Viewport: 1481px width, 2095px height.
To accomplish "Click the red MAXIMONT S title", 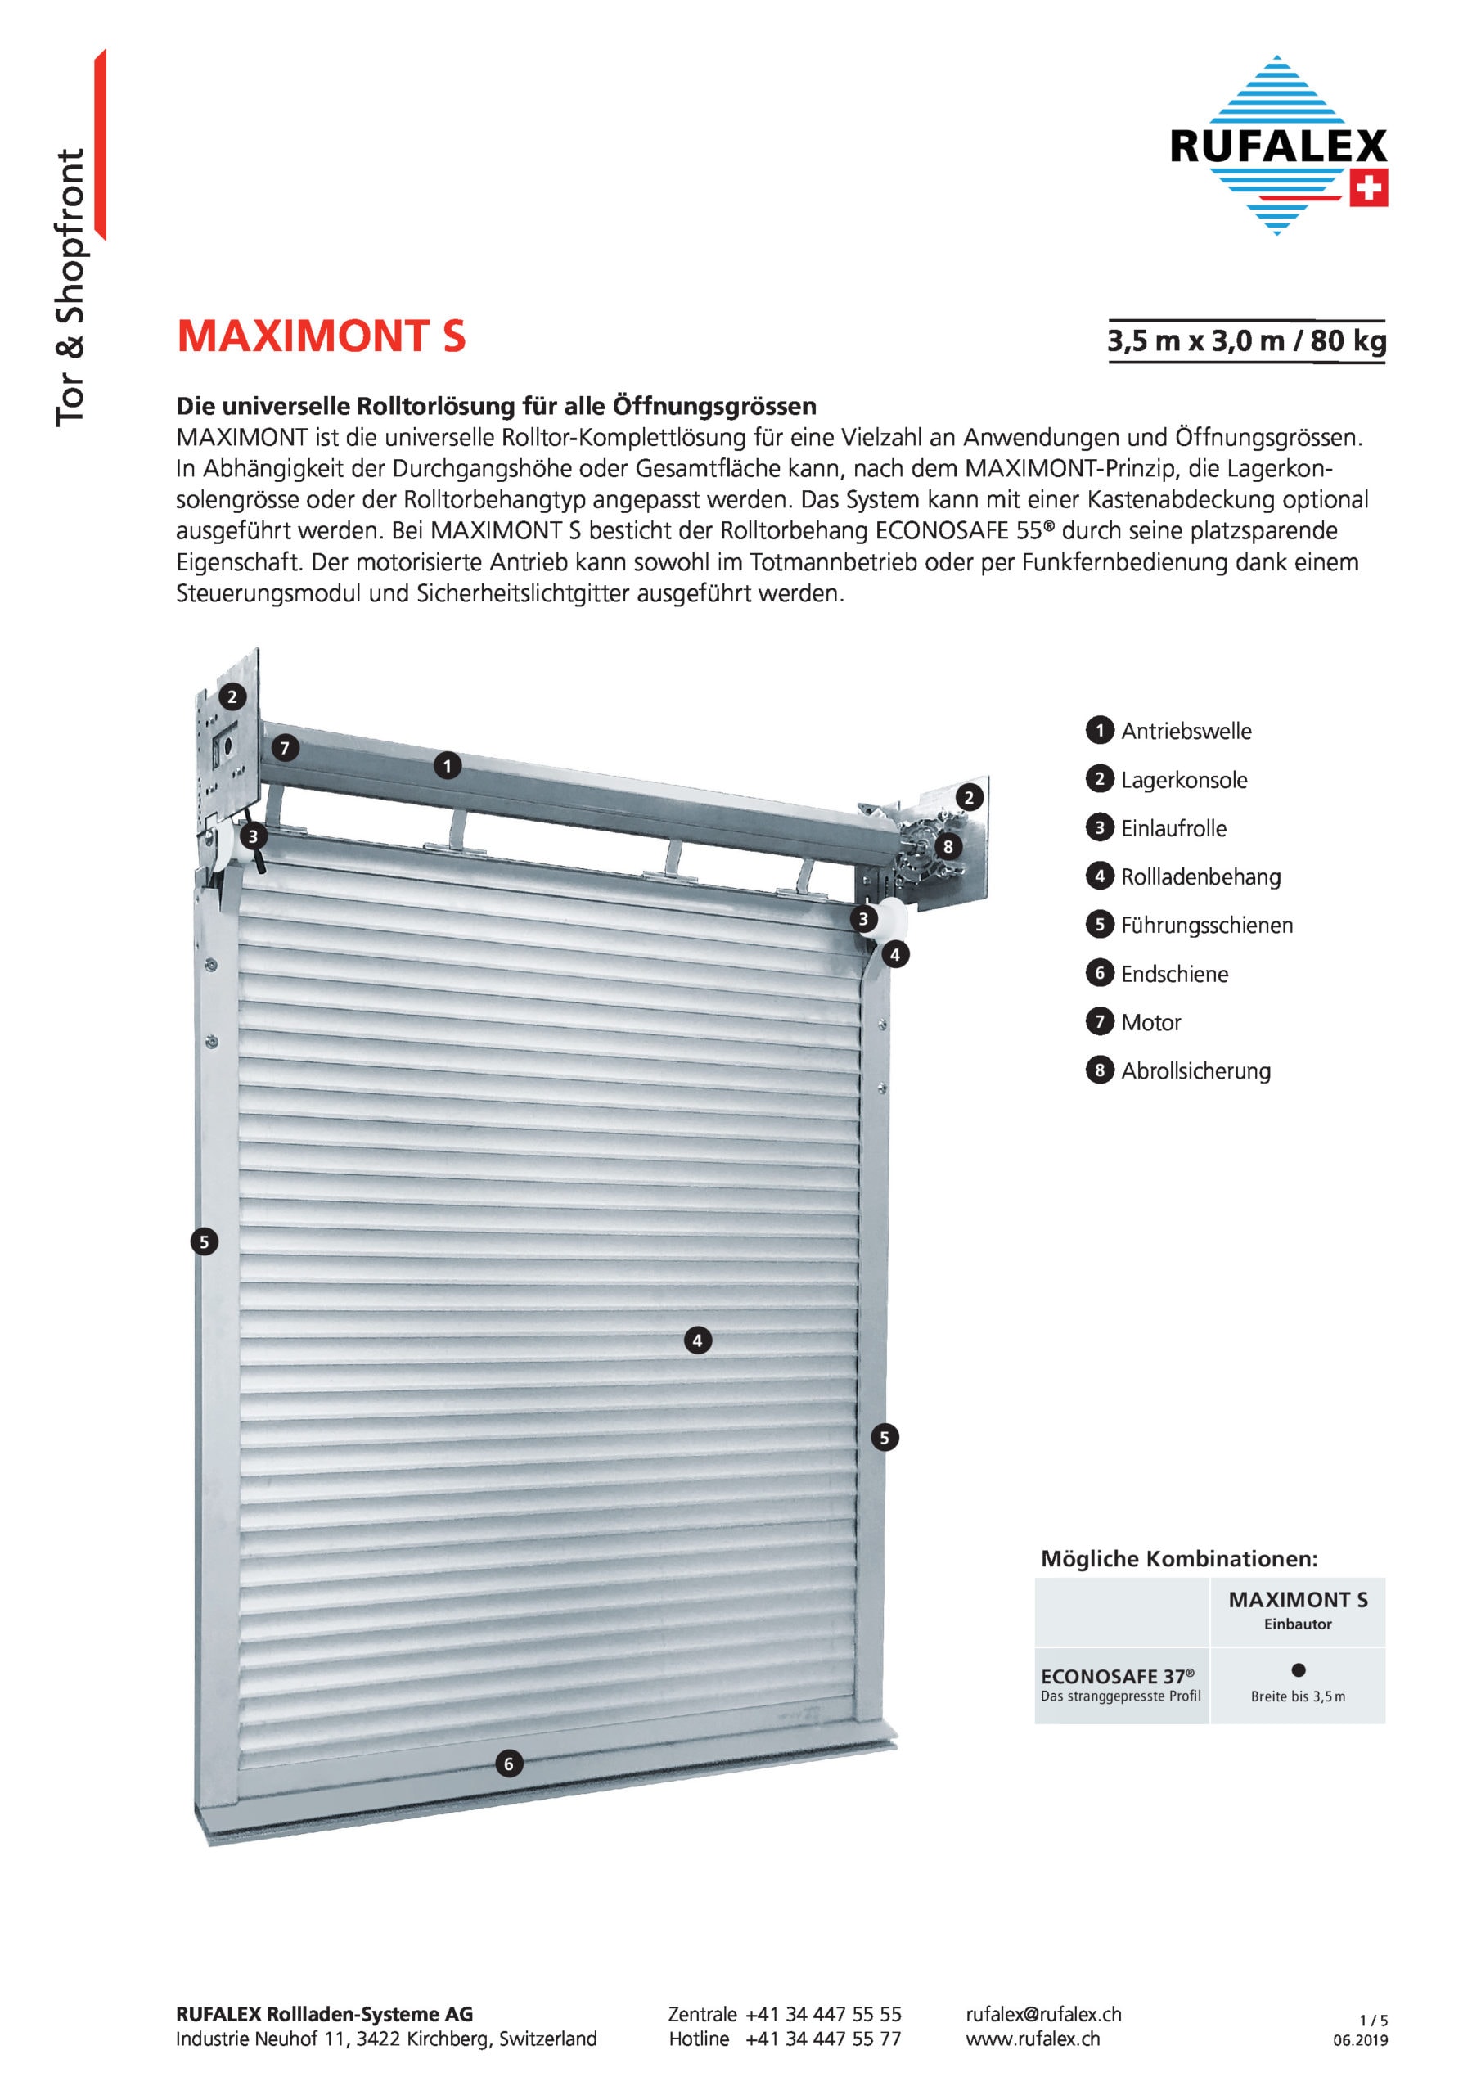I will coord(322,336).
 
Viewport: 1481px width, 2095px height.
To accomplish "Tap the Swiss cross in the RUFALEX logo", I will coord(1368,189).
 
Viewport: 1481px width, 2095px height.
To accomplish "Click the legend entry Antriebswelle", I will coord(1186,731).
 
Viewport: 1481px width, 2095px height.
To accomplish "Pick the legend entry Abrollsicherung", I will coord(1195,1070).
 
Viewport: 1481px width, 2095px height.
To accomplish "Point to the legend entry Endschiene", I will coord(1173,974).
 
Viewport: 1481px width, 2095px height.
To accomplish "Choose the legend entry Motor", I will coord(1150,1022).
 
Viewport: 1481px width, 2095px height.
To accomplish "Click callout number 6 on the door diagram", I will coord(509,1764).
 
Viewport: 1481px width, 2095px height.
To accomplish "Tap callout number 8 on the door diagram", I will coord(948,847).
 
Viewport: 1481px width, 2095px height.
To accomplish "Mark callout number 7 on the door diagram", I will coord(285,748).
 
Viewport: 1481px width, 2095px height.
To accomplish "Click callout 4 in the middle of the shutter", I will coord(698,1340).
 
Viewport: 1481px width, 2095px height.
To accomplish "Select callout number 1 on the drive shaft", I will coord(447,765).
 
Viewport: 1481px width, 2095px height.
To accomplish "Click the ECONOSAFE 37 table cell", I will coord(1120,1684).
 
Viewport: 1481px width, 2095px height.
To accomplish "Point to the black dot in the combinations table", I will coord(1299,1669).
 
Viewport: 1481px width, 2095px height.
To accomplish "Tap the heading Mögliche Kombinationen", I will coord(1179,1558).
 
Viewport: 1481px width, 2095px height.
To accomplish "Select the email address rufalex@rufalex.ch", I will coord(1043,2014).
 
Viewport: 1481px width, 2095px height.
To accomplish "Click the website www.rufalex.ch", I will coord(1032,2039).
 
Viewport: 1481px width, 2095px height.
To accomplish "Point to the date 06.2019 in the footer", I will coord(1360,2040).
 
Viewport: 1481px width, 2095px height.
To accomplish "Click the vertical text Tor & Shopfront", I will coord(70,287).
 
